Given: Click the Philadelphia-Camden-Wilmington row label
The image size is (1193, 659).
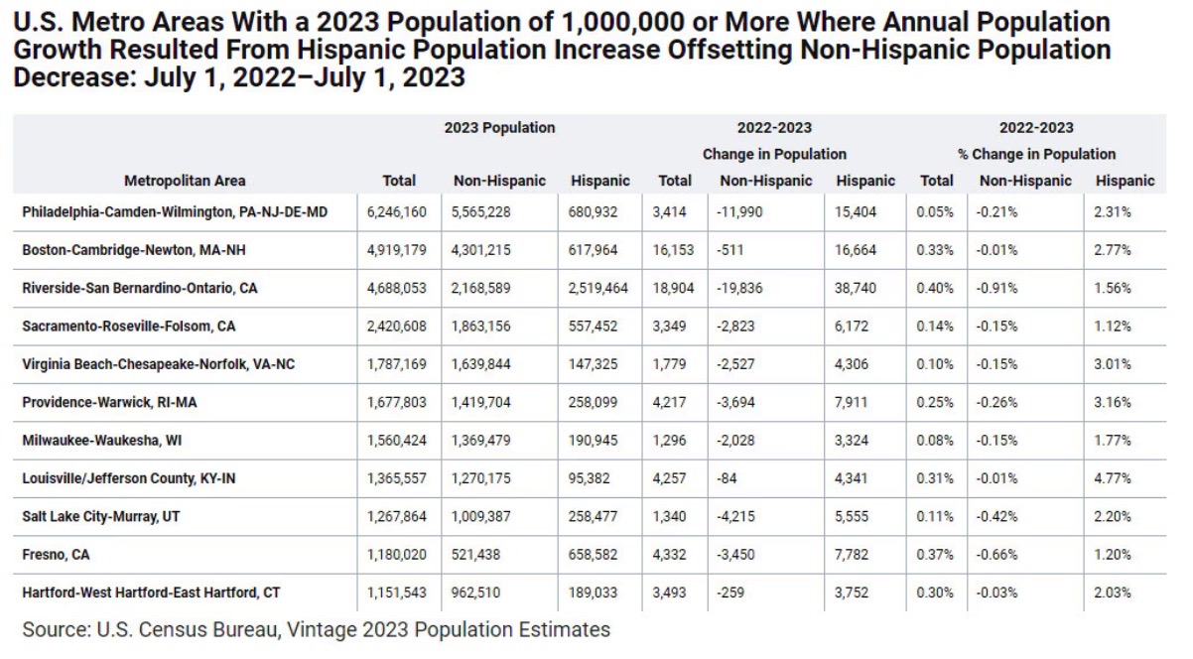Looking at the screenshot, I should point(174,212).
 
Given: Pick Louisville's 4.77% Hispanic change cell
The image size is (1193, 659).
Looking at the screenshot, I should point(1114,478).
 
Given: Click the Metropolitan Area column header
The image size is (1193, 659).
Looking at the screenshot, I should point(185,181).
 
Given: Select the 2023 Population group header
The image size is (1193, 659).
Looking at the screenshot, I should point(499,128).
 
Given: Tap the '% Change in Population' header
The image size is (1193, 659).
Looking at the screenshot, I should point(1036,154).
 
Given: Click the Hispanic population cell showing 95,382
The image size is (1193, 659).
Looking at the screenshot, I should point(595,478).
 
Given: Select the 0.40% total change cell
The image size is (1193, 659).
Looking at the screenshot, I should point(935,288).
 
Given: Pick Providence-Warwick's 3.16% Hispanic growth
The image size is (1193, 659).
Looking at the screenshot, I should point(1114,402).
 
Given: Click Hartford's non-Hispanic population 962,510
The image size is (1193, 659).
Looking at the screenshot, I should point(480,593).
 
